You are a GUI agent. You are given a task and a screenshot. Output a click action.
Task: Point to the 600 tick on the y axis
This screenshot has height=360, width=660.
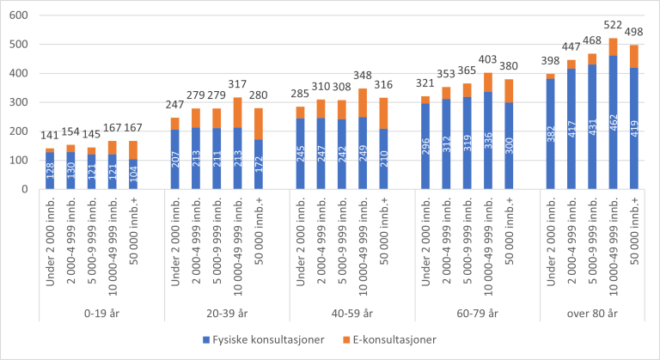coord(17,15)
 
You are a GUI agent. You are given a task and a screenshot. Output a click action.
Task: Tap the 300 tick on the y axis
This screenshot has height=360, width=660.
coord(17,102)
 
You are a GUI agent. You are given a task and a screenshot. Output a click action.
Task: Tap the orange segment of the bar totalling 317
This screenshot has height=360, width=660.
coord(236,113)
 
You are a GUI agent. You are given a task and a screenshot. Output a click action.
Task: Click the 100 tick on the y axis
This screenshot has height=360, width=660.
coord(17,160)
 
